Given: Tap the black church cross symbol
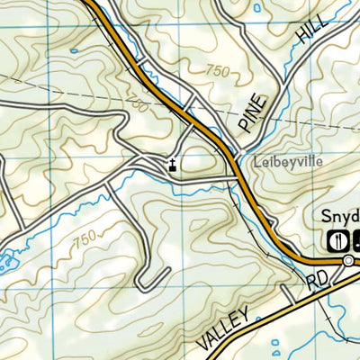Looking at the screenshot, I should click(171, 164).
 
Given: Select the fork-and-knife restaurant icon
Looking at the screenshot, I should click(335, 239).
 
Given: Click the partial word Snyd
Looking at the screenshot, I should click(340, 217).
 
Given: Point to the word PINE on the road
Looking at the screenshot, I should click(253, 112).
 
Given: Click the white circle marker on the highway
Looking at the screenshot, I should click(348, 260).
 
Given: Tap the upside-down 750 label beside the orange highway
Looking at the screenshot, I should click(137, 106).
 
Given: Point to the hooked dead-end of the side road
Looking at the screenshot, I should click(142, 284).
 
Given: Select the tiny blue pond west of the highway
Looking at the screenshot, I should click(72, 50).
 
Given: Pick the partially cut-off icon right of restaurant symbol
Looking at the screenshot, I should click(355, 239).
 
